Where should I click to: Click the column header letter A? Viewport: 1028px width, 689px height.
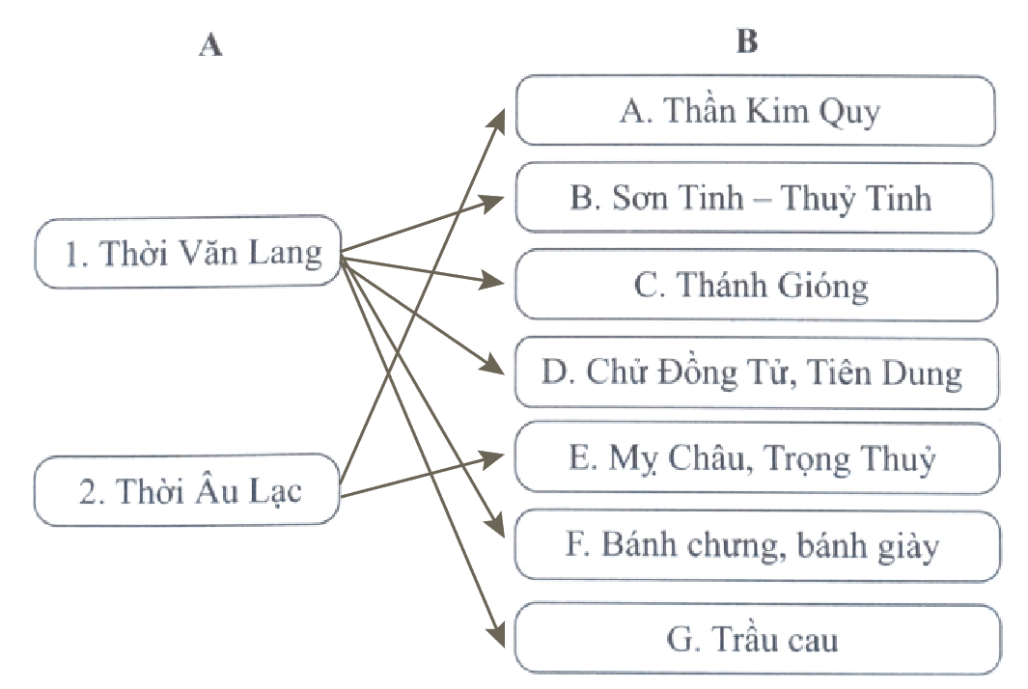[209, 45]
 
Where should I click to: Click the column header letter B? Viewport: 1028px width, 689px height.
[746, 42]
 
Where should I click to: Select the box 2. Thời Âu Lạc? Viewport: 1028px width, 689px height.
[188, 491]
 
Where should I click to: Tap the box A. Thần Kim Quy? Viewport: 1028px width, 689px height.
[754, 111]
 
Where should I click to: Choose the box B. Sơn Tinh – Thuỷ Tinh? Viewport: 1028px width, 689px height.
[754, 198]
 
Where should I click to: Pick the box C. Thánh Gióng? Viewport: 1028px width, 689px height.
[754, 285]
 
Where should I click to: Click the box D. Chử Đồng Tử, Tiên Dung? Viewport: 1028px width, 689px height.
[754, 372]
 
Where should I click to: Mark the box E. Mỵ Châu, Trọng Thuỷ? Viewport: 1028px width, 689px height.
[754, 458]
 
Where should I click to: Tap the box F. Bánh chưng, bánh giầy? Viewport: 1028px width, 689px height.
[754, 546]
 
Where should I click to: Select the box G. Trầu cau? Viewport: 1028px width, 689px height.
[754, 638]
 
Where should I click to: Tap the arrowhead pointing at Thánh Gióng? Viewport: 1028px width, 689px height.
[495, 283]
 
